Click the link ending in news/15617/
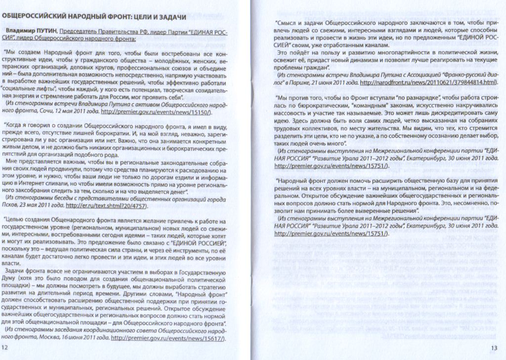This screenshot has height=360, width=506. [x=168, y=338]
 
